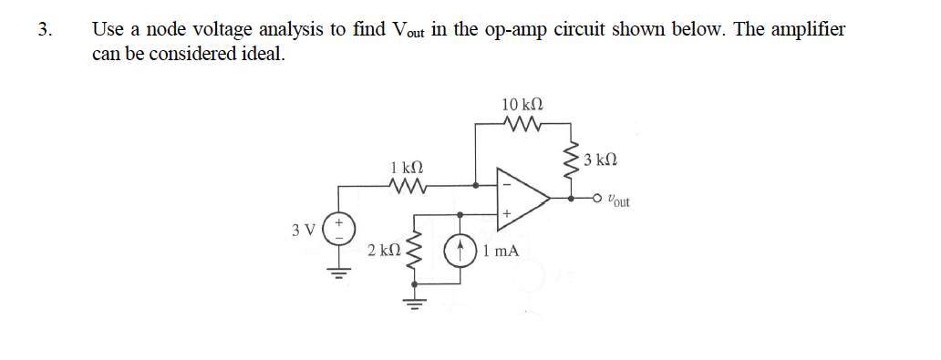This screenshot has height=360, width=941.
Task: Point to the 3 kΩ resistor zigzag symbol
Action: (x=573, y=160)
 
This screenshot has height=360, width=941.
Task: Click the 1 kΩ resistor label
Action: (x=405, y=169)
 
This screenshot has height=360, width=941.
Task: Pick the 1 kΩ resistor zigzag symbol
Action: (x=405, y=187)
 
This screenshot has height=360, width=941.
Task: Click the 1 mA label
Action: (x=502, y=250)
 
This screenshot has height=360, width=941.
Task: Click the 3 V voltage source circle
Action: (x=340, y=228)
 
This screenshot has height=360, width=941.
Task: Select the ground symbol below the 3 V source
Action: (x=340, y=273)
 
